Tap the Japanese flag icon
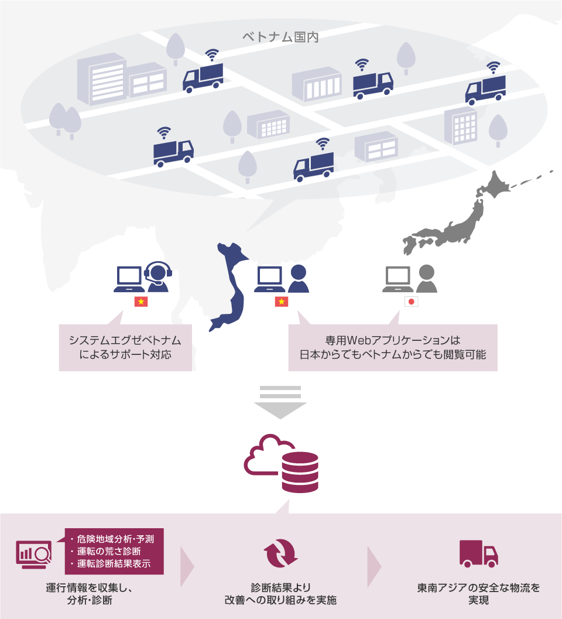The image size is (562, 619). (412, 302)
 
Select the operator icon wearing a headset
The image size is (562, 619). (157, 277)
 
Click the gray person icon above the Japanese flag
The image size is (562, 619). (426, 279)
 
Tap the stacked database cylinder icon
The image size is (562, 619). (300, 472)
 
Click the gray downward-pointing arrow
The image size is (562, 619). (280, 402)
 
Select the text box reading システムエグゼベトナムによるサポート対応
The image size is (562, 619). (125, 347)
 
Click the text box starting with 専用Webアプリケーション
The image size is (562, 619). (392, 347)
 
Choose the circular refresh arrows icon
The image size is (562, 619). (281, 554)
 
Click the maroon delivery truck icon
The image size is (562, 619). (478, 553)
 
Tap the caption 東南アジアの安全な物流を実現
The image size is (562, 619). (478, 593)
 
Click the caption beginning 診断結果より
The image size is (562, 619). (281, 593)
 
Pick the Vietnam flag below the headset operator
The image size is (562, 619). (141, 302)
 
